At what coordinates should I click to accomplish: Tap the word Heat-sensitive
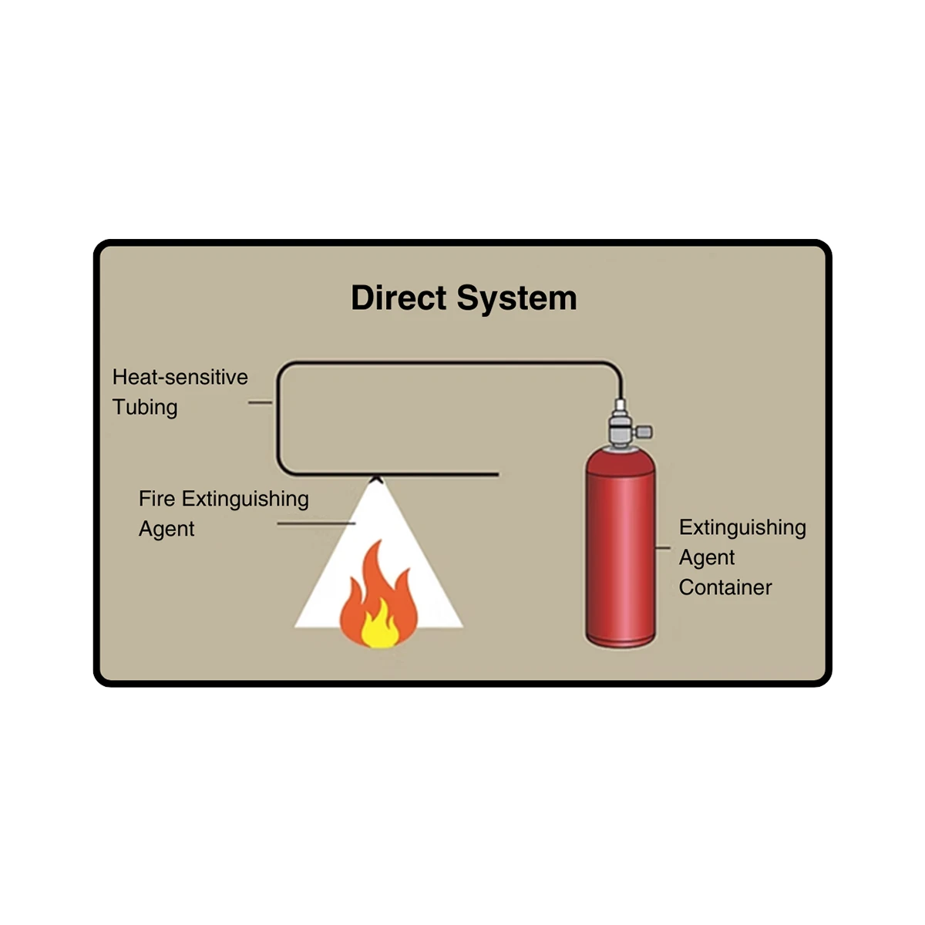pos(180,377)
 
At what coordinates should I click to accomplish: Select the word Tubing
pos(145,407)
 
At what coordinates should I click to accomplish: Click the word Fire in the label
pos(156,499)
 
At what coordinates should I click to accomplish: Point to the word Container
pos(725,587)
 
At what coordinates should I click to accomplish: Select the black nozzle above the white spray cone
pos(376,479)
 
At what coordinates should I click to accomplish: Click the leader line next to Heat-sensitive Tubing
pos(260,402)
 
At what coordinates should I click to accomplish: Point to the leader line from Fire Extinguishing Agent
pos(316,524)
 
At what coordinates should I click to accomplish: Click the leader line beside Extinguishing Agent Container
pos(663,548)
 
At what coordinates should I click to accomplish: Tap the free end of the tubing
pos(497,474)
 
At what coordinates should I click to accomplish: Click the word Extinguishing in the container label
pos(742,528)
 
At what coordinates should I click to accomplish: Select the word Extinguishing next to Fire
pos(245,499)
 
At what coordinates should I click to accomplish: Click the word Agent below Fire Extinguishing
pos(166,529)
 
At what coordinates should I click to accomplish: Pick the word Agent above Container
pos(707,557)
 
